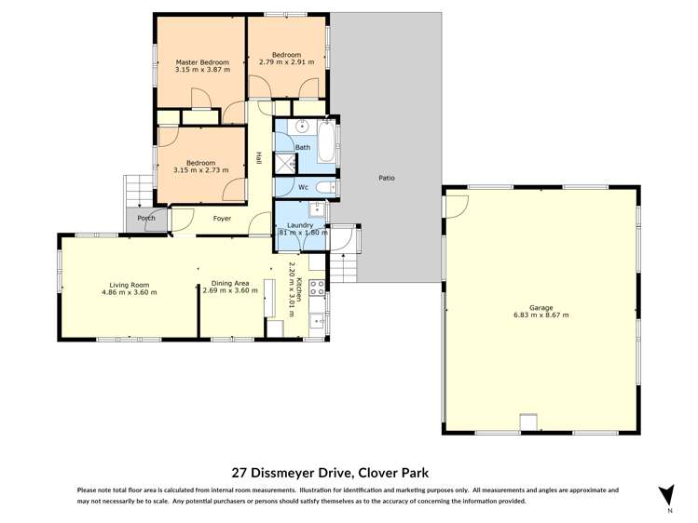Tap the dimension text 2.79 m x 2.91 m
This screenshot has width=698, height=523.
pyautogui.click(x=286, y=61)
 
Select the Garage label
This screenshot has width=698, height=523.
pyautogui.click(x=541, y=307)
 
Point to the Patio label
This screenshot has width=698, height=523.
pyautogui.click(x=385, y=177)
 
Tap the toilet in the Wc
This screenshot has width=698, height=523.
pyautogui.click(x=322, y=187)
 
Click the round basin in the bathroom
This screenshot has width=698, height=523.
pyautogui.click(x=302, y=127)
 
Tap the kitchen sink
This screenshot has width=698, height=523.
pyautogui.click(x=316, y=324)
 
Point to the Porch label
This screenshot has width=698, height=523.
pyautogui.click(x=146, y=220)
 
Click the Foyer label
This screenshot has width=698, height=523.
pyautogui.click(x=222, y=220)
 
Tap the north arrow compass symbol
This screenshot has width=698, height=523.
pyautogui.click(x=665, y=495)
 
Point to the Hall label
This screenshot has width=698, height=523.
pyautogui.click(x=258, y=159)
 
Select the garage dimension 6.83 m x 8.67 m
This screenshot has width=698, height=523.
pyautogui.click(x=541, y=315)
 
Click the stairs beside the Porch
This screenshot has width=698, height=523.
pyautogui.click(x=135, y=192)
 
